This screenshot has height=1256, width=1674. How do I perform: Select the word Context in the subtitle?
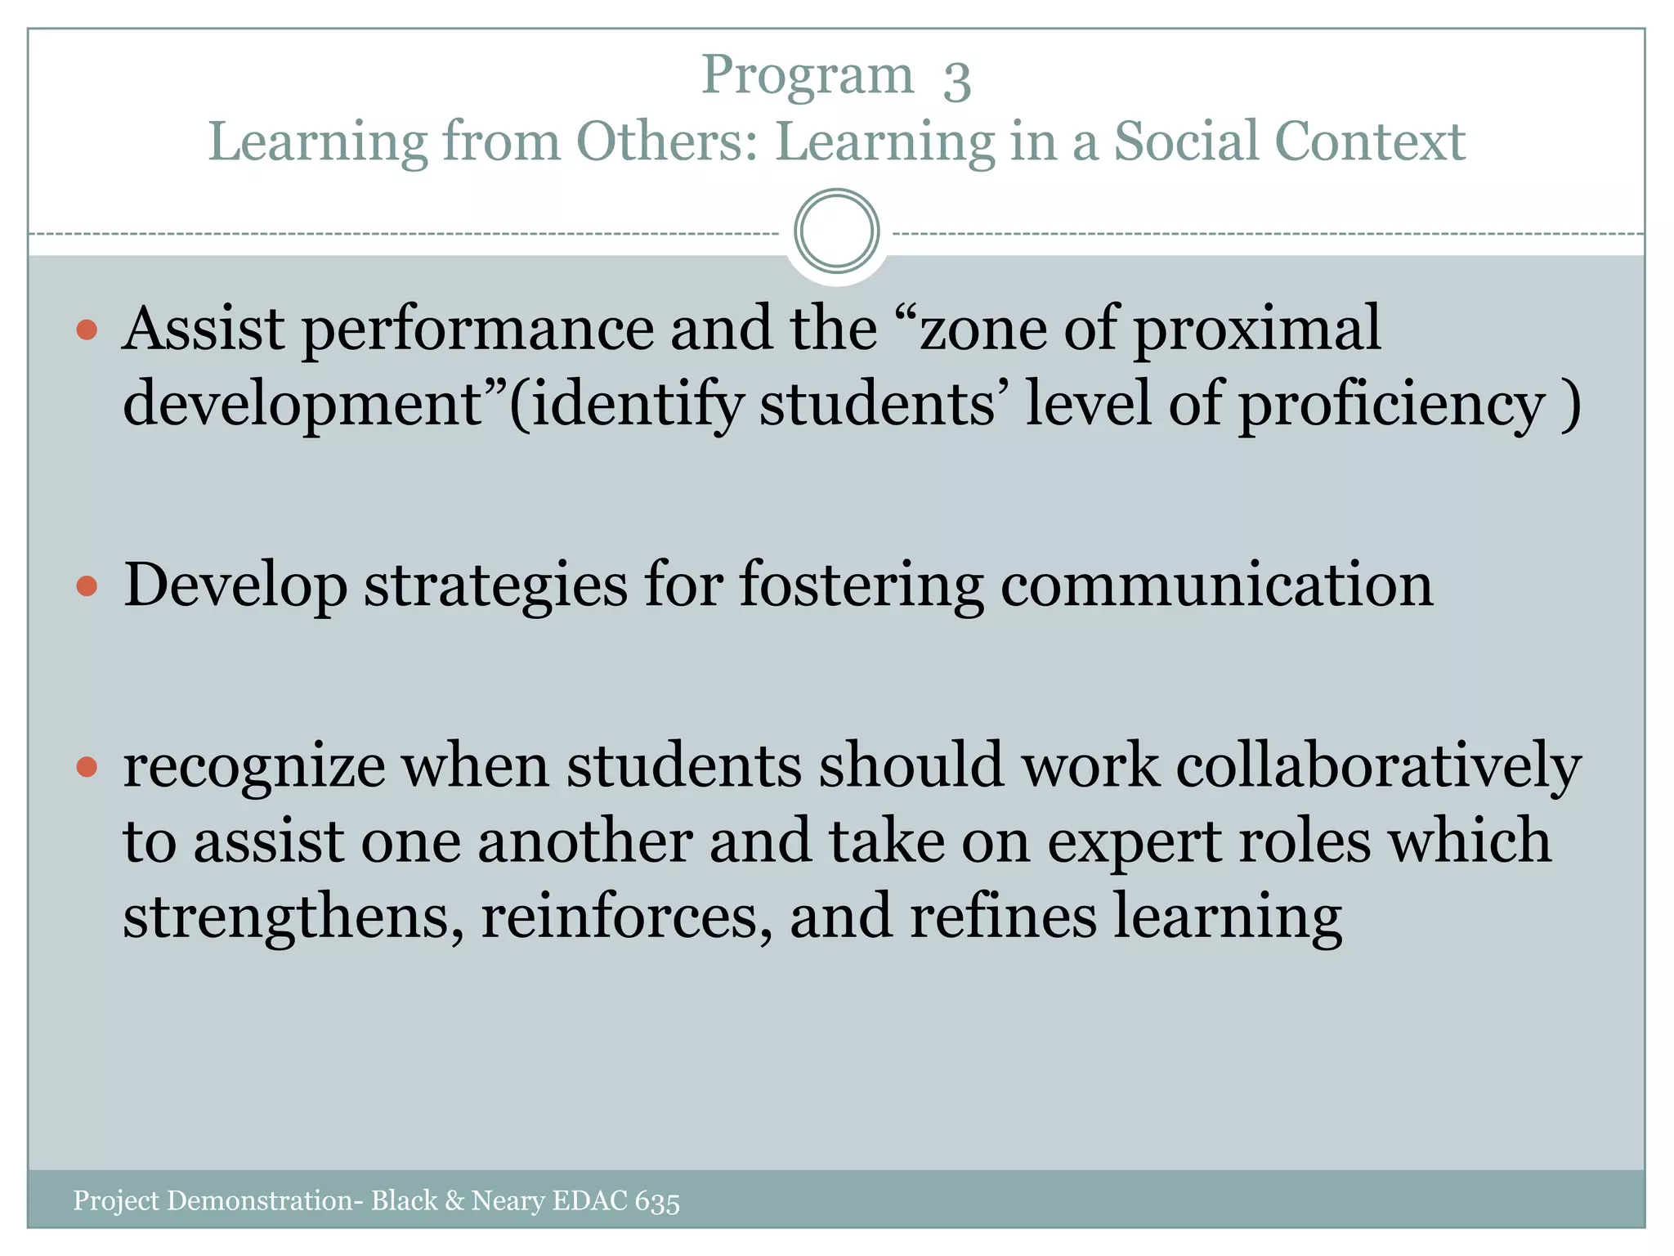(1371, 141)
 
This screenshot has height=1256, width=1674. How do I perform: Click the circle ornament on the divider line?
(836, 231)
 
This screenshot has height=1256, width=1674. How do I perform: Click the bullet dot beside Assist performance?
(87, 330)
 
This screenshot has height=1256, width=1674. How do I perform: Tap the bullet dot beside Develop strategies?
(87, 585)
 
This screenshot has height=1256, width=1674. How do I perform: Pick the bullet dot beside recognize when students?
(87, 766)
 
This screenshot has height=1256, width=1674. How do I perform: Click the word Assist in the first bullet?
(204, 329)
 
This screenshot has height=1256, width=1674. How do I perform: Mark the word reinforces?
(626, 917)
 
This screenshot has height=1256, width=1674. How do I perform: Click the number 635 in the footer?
(657, 1202)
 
